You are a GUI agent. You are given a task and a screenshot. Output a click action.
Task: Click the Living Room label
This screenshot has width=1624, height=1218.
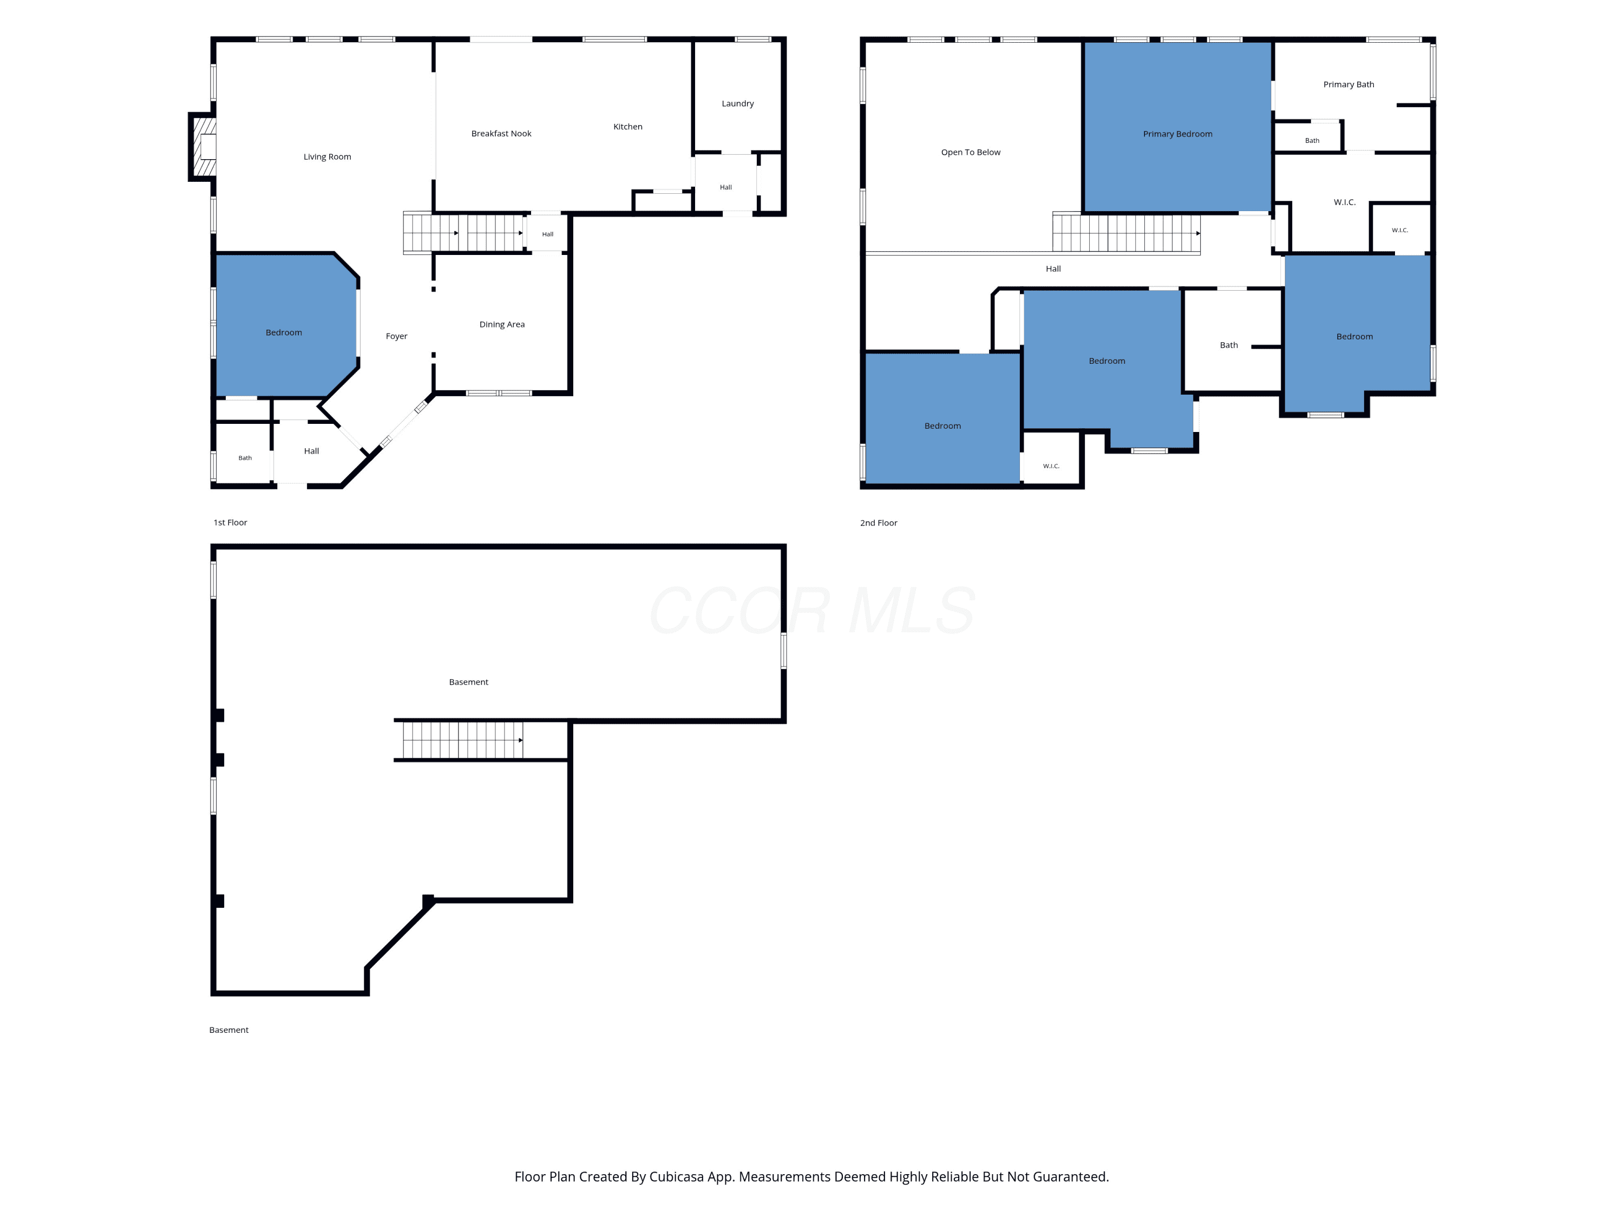(328, 156)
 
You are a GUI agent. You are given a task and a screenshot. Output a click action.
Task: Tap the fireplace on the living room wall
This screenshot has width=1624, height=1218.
(202, 147)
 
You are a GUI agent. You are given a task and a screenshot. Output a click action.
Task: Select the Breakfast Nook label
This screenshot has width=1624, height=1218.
(501, 134)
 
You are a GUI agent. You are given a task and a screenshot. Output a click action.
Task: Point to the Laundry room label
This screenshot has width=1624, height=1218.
(738, 103)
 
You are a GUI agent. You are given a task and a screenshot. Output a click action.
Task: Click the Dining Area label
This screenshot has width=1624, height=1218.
(502, 324)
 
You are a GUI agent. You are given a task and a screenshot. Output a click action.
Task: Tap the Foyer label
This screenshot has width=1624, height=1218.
(396, 336)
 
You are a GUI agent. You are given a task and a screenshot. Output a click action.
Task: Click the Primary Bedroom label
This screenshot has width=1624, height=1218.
(1177, 134)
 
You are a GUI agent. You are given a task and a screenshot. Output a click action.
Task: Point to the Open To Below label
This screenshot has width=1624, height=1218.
(971, 152)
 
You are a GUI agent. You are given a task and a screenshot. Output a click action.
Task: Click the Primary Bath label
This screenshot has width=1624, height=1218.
(1348, 84)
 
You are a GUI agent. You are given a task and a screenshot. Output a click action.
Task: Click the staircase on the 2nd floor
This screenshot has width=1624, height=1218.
(1126, 233)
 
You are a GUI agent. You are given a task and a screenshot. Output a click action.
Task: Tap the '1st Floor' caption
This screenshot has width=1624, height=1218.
(231, 523)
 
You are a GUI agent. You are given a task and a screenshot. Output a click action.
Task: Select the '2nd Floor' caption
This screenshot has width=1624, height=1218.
(879, 523)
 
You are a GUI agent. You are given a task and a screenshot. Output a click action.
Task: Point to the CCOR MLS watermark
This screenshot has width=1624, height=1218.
(812, 610)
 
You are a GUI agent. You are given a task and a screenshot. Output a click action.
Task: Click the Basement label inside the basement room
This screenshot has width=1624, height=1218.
(468, 682)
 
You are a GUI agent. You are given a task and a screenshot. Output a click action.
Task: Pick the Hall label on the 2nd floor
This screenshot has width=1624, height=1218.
(1053, 269)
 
